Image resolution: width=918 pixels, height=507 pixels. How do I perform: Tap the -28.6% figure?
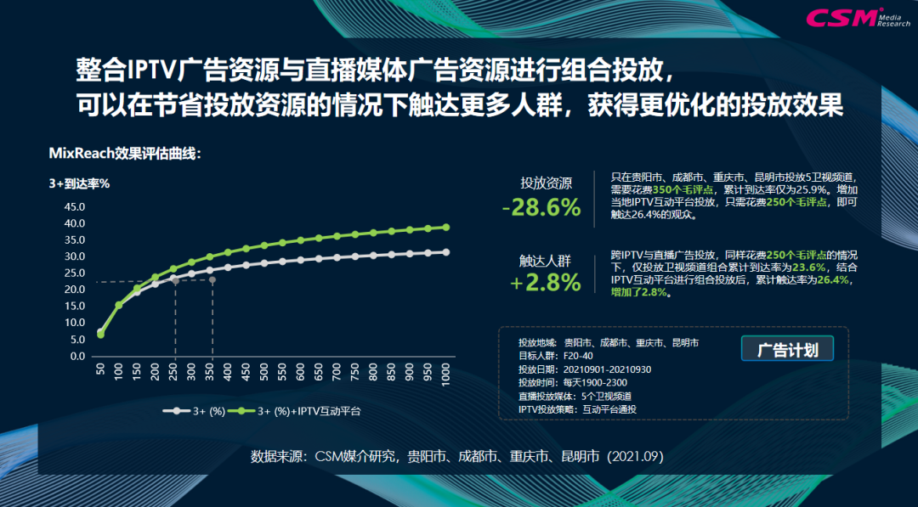pos(541,207)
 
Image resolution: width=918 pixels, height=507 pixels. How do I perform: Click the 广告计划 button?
pos(787,349)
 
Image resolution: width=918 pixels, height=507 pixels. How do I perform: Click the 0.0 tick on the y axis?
pos(76,356)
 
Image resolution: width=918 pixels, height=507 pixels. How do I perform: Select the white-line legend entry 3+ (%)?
pos(196,411)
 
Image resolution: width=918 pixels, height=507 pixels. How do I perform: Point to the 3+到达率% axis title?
pos(78,183)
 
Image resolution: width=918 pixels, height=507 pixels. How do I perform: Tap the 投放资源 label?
pos(546,183)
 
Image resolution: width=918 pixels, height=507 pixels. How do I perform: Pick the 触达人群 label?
pos(546,260)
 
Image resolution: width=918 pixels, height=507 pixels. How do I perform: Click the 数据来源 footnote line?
pos(456,456)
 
